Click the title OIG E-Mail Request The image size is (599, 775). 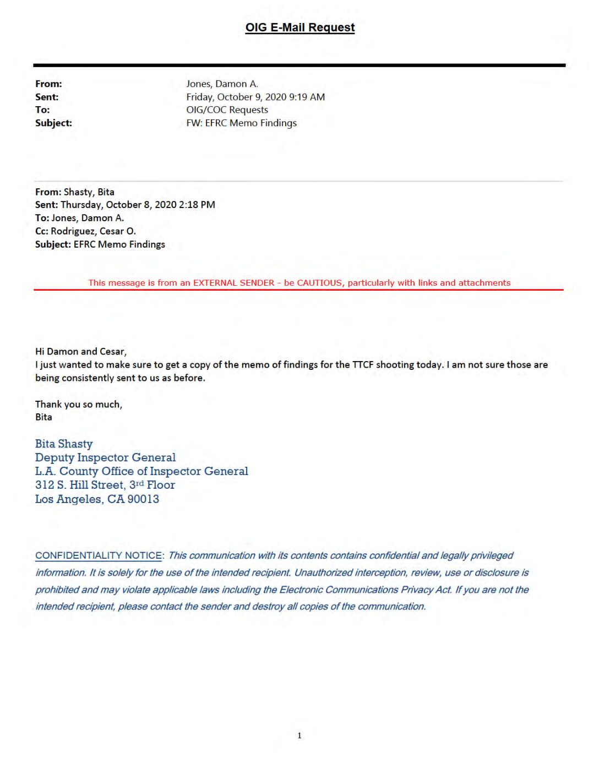[x=299, y=28]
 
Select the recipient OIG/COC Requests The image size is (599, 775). [x=227, y=110]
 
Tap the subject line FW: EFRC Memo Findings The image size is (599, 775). [x=241, y=123]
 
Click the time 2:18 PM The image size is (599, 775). [x=197, y=205]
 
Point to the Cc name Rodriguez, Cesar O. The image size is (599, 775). [x=93, y=231]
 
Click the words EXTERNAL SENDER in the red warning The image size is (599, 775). [x=233, y=283]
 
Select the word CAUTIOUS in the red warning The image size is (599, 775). [x=319, y=283]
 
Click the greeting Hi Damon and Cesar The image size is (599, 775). [x=80, y=351]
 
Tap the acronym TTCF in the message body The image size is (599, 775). [x=362, y=364]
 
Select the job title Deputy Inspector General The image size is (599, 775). [x=105, y=457]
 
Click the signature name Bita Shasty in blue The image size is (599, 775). [x=64, y=444]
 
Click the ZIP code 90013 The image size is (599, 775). [x=143, y=499]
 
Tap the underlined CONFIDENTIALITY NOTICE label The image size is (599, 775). [x=99, y=556]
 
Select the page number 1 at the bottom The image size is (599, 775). [x=299, y=735]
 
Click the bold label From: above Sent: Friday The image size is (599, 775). [x=48, y=84]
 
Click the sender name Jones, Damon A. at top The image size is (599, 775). [x=222, y=84]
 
